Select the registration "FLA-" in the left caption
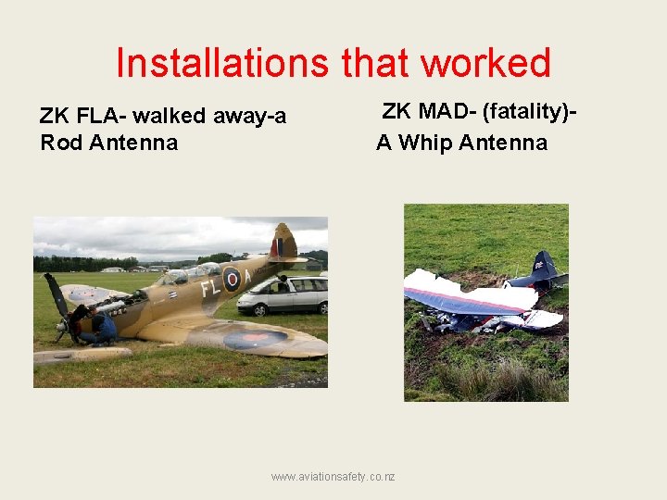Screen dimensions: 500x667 point(103,117)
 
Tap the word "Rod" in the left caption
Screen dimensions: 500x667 point(61,143)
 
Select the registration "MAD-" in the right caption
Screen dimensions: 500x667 point(448,112)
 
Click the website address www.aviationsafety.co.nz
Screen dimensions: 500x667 point(333,476)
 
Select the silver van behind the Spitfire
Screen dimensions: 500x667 point(283,294)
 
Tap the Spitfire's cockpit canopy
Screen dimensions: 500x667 point(190,273)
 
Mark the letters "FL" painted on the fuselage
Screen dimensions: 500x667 point(209,286)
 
